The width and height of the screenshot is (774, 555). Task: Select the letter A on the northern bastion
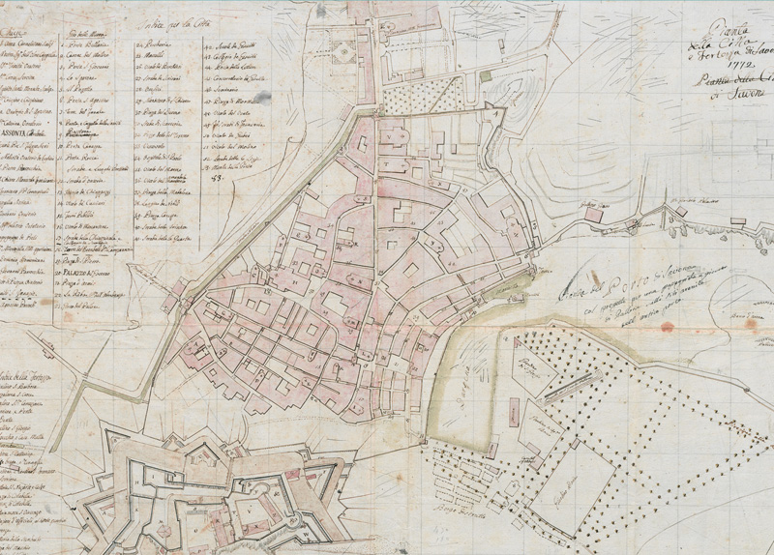coord(498,113)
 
